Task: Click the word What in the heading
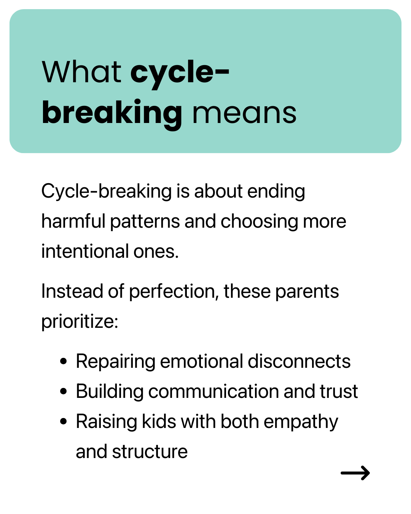click(81, 72)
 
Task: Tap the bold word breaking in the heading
click(112, 114)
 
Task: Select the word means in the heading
click(244, 114)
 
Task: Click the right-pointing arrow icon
click(355, 472)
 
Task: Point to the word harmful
click(73, 221)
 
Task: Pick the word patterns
click(145, 222)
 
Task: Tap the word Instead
click(72, 291)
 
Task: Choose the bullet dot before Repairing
click(63, 361)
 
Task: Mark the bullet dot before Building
click(63, 391)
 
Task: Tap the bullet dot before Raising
click(63, 421)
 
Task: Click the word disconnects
click(299, 361)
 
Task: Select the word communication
click(213, 391)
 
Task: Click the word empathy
click(301, 422)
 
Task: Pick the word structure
click(150, 452)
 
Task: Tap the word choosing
click(260, 222)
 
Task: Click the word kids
click(159, 421)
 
